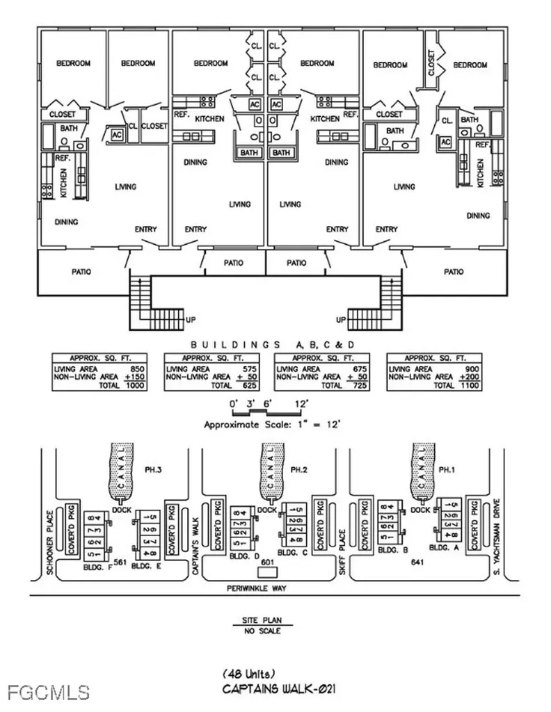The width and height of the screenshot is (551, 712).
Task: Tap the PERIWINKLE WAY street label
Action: coord(257,588)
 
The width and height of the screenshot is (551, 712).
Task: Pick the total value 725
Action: coord(363,385)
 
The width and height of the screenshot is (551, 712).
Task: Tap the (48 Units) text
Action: coord(248,674)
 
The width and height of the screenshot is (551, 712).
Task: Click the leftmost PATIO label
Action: coord(81,272)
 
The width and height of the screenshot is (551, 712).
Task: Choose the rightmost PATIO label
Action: coord(453,272)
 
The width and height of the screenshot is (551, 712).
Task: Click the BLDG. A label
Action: coord(446,548)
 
